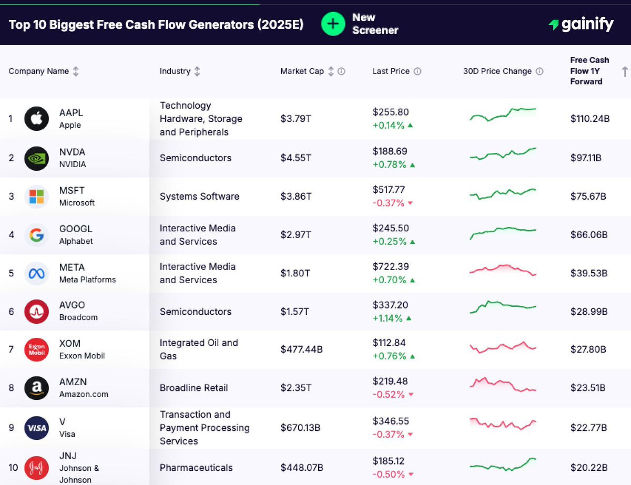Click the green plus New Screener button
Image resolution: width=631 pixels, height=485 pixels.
[333, 24]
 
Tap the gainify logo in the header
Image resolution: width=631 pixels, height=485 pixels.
[581, 24]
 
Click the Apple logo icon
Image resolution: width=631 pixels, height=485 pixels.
[37, 119]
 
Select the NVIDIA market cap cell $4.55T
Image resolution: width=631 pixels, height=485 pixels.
[296, 158]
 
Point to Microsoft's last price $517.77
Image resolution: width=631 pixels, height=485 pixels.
[389, 190]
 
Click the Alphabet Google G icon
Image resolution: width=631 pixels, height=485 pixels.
[37, 235]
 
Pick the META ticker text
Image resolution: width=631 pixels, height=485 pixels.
[72, 267]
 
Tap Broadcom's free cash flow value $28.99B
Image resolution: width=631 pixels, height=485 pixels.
[589, 312]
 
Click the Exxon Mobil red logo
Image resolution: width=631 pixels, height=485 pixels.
[37, 349]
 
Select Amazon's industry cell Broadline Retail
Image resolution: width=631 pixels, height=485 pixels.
[194, 388]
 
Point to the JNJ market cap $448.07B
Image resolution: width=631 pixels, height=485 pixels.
[302, 468]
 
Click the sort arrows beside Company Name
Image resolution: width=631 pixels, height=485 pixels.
[76, 71]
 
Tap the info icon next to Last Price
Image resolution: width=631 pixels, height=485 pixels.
[418, 71]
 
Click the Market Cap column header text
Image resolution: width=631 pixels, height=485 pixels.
[302, 71]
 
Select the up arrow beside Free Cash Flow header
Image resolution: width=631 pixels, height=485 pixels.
[625, 71]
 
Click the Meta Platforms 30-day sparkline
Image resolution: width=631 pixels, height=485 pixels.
[503, 270]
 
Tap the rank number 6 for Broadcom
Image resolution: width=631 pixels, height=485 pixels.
[12, 312]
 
